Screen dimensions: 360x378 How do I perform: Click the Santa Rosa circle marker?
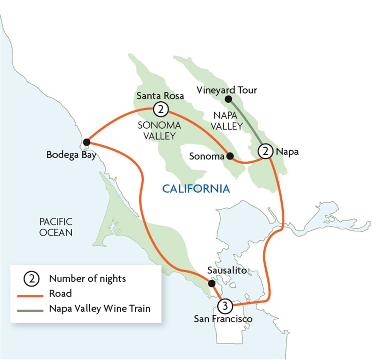(160, 109)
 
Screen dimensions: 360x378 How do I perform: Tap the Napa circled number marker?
(265, 151)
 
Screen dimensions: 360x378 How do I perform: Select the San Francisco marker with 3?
(224, 305)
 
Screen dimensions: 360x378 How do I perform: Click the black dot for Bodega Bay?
(87, 142)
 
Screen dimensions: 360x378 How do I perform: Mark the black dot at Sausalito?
(211, 283)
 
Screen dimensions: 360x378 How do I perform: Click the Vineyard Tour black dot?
(228, 99)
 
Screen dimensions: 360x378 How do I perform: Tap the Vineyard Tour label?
(226, 90)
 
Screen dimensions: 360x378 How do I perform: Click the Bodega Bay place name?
(71, 155)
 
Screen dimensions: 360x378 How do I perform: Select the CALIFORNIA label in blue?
(196, 189)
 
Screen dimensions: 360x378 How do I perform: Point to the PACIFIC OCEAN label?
(56, 227)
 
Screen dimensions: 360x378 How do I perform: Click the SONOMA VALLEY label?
(159, 131)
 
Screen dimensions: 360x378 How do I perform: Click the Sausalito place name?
(227, 271)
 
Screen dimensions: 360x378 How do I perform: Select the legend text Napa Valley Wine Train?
(100, 308)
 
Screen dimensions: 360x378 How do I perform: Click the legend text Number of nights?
(87, 279)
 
